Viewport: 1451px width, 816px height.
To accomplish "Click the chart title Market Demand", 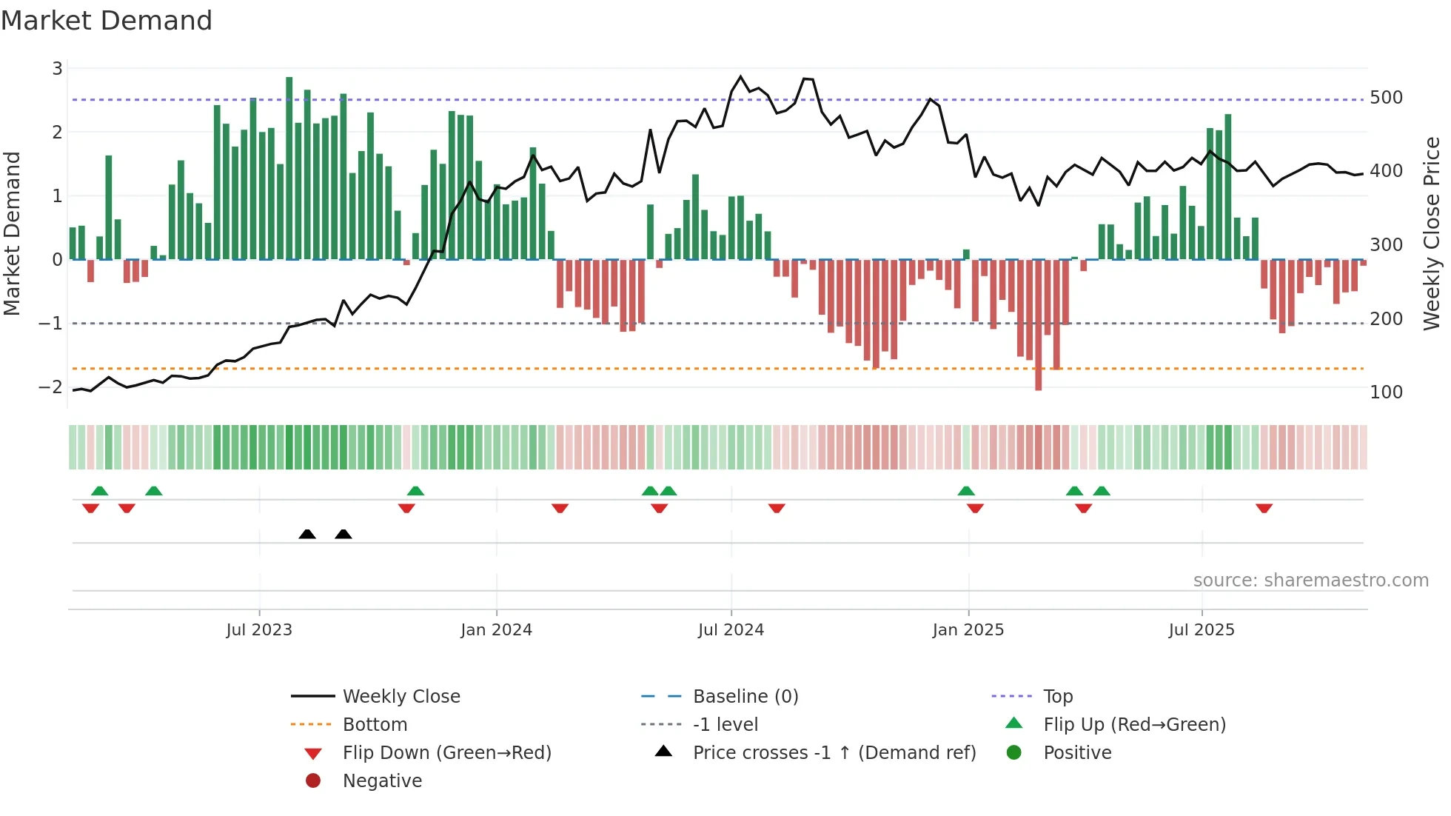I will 107,21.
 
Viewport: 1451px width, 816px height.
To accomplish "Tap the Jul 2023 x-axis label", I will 259,630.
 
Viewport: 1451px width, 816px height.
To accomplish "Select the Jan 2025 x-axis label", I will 968,630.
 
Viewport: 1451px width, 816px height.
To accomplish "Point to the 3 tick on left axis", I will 57,69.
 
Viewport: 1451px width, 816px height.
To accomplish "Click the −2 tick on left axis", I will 51,387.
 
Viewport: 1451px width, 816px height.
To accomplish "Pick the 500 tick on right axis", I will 1386,98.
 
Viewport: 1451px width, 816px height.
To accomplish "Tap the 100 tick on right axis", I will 1386,392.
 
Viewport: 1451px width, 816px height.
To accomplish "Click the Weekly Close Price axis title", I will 1432,233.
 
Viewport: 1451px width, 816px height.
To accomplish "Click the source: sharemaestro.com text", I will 1310,581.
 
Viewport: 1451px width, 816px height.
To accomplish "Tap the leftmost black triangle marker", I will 307,534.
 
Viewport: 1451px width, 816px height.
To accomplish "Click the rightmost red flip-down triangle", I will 1264,508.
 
